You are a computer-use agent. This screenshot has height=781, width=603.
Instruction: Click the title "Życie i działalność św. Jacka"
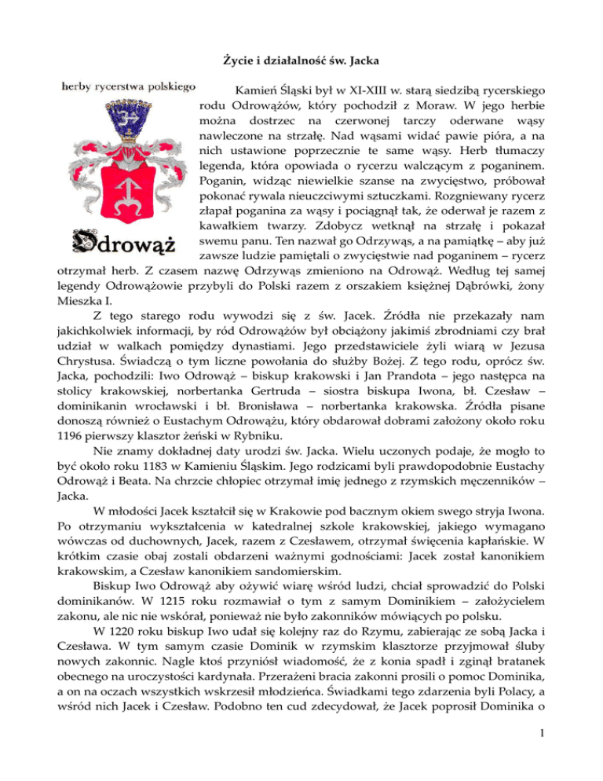(x=301, y=57)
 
